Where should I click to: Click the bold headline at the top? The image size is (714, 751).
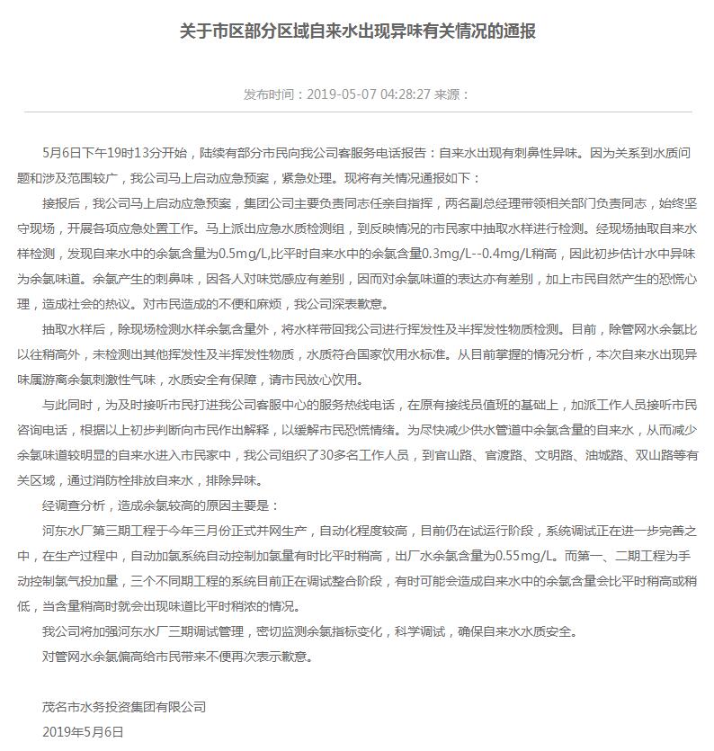pos(357,32)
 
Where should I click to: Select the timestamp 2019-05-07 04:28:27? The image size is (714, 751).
pos(369,94)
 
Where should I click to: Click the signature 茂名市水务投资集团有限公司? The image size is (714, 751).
pos(124,708)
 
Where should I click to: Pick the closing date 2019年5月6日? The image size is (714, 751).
pos(83,732)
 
